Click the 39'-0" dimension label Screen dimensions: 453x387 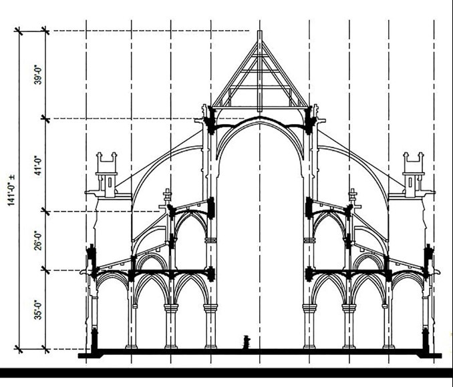(x=38, y=75)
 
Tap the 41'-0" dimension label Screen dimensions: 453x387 (x=38, y=165)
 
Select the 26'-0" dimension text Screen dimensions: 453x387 (x=38, y=240)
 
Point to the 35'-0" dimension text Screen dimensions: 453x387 (x=38, y=310)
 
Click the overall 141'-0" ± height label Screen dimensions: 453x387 (x=11, y=190)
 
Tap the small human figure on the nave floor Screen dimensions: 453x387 (x=247, y=342)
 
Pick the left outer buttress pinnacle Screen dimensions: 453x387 (x=107, y=175)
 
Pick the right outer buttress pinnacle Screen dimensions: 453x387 (x=414, y=175)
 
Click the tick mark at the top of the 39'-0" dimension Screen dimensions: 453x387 (x=45, y=30)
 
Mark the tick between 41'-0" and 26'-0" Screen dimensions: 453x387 (x=45, y=212)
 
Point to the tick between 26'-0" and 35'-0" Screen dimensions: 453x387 (x=45, y=270)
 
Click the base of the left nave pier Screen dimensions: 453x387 (x=210, y=346)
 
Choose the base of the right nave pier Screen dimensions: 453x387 (x=309, y=346)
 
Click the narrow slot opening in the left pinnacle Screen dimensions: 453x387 (x=110, y=183)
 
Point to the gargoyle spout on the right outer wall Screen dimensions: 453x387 (x=436, y=272)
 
